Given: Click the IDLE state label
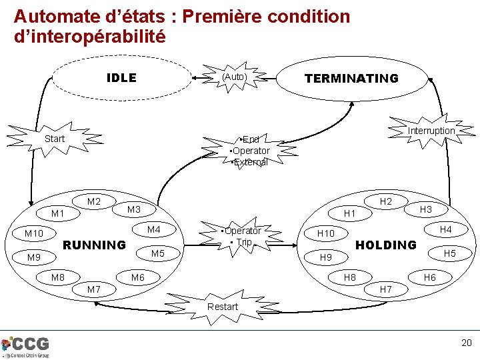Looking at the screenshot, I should [x=121, y=78].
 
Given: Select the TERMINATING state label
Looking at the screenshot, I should [x=351, y=78].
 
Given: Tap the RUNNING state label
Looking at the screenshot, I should [x=94, y=245].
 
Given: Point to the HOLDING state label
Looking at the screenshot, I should [x=385, y=245].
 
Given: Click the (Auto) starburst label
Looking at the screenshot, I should [x=234, y=77].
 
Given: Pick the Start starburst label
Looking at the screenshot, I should [x=54, y=139].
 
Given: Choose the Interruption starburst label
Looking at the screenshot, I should [x=431, y=131].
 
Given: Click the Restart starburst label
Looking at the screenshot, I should [x=223, y=306].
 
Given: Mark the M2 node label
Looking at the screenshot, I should [x=94, y=201].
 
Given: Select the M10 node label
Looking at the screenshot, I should [x=34, y=234].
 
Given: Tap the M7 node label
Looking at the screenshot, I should [x=94, y=289].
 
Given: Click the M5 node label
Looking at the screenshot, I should [x=157, y=254].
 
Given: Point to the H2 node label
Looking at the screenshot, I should [x=385, y=201].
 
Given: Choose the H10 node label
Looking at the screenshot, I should [x=326, y=234].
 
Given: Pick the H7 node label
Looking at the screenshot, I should [x=385, y=289].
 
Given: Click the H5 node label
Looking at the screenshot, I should [x=450, y=254].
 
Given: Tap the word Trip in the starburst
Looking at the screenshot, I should [x=245, y=243].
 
